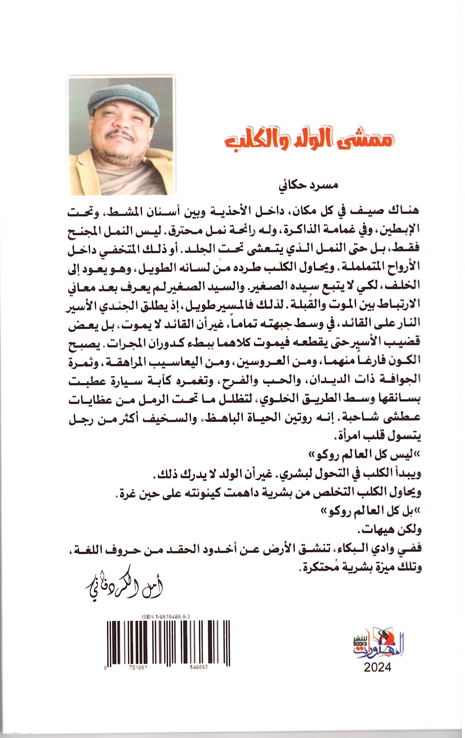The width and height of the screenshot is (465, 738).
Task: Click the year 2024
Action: click(378, 675)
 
